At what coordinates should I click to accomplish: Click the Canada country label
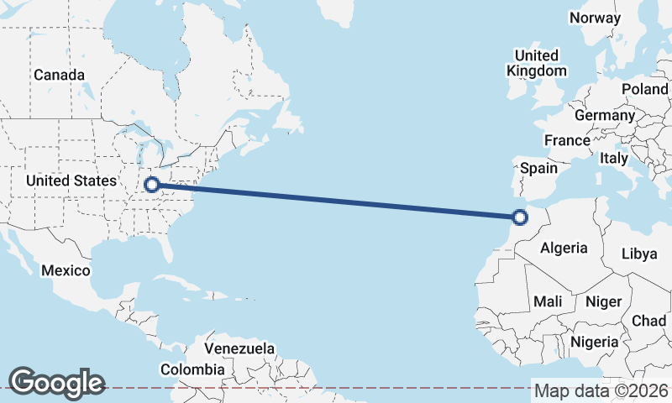(59, 75)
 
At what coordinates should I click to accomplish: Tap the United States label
(71, 181)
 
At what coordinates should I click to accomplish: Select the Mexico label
(66, 270)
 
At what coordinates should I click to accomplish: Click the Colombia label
(192, 369)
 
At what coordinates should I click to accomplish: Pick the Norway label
(595, 18)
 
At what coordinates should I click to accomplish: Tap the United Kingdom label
(536, 63)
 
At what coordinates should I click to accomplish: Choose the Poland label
(644, 89)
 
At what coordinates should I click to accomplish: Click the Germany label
(605, 115)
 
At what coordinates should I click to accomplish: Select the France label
(567, 140)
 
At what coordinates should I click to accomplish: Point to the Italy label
(614, 158)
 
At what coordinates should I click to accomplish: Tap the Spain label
(538, 168)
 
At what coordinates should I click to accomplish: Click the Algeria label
(564, 248)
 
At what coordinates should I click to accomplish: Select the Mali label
(548, 301)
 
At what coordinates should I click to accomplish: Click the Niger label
(603, 301)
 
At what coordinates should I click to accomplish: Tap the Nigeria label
(595, 342)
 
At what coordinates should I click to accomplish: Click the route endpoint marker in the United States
(152, 184)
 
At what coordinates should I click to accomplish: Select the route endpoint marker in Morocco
(520, 217)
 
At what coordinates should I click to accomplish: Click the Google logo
(56, 382)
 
